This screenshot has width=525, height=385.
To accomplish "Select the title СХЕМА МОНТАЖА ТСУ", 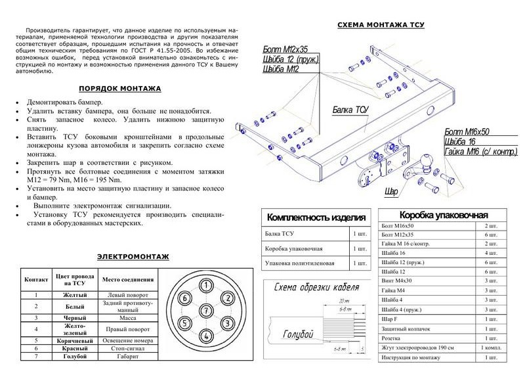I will tap(381, 25).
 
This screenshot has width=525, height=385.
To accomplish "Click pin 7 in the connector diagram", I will tap(206, 310).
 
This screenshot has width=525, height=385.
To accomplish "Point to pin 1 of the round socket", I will tap(206, 285).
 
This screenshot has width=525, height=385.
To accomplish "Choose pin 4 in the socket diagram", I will tap(206, 335).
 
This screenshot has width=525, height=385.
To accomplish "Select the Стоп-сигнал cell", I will tap(127, 348).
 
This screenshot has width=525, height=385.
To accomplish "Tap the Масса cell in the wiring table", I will tap(127, 317).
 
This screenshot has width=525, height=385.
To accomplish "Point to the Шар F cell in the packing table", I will tap(390, 317).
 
